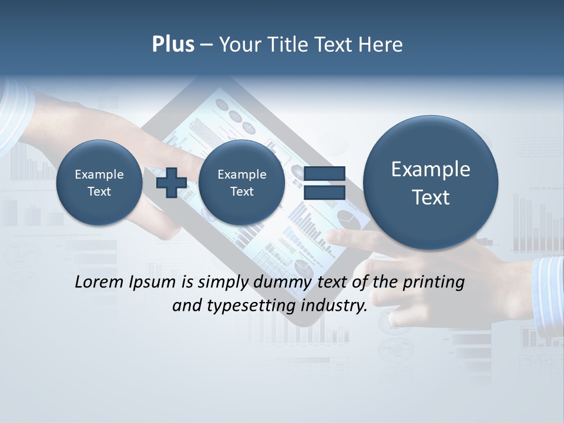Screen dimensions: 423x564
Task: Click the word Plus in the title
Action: point(173,45)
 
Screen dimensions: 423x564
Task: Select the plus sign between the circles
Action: point(172,182)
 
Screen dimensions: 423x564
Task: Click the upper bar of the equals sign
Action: point(324,173)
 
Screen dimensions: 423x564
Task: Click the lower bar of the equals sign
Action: point(324,192)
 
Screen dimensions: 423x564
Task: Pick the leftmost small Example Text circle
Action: point(99,183)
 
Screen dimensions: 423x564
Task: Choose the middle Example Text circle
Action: point(241,183)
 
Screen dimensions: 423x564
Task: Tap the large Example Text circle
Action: point(431,183)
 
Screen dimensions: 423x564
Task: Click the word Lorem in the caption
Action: point(99,282)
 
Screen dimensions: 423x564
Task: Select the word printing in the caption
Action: point(434,282)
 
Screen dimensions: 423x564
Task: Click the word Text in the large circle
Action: point(431,197)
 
